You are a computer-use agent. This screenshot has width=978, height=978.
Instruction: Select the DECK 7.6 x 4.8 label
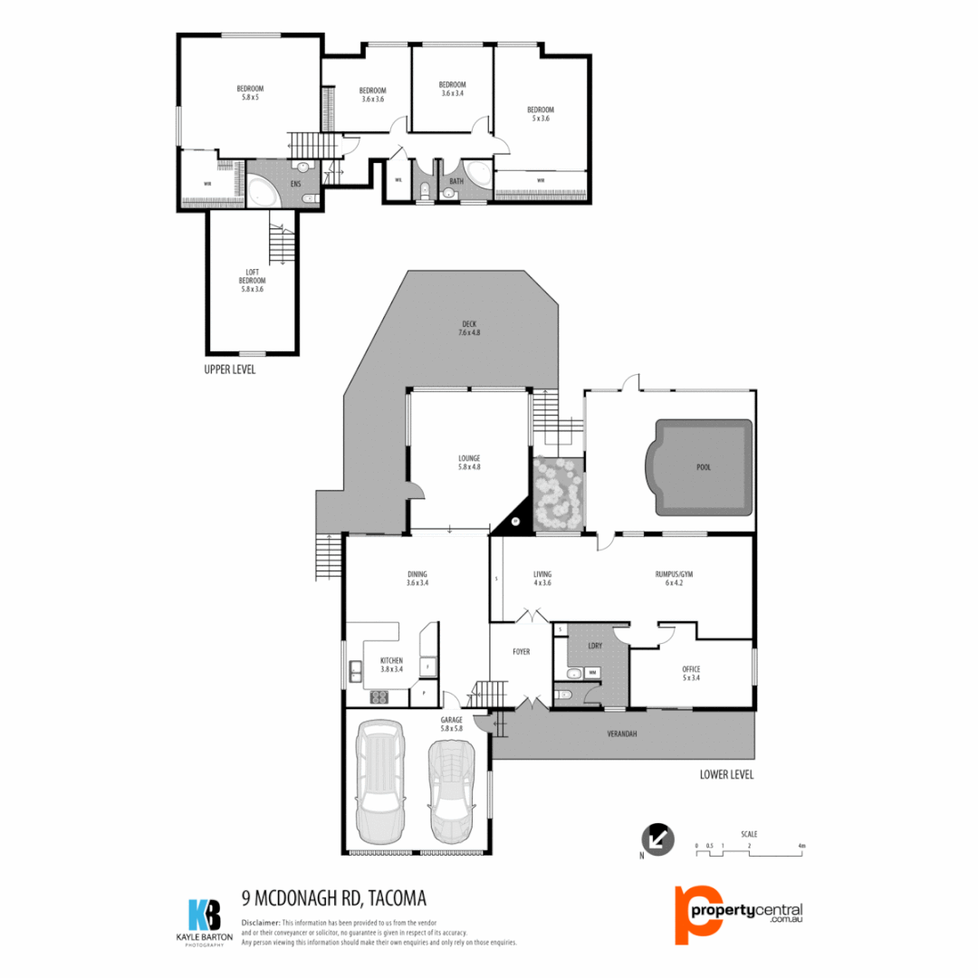pyautogui.click(x=468, y=328)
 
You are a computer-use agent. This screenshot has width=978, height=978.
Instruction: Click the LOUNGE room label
pyautogui.click(x=469, y=462)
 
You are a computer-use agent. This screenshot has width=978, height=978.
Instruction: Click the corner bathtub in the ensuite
pyautogui.click(x=264, y=193)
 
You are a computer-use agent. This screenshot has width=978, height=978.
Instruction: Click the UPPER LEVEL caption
pyautogui.click(x=230, y=369)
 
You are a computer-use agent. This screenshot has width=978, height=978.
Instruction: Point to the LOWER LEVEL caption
pyautogui.click(x=726, y=774)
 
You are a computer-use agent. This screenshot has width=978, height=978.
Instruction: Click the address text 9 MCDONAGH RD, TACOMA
pyautogui.click(x=334, y=897)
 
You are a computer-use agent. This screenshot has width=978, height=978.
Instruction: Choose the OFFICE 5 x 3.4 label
pyautogui.click(x=692, y=673)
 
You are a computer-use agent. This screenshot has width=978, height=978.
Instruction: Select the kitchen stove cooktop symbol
pyautogui.click(x=378, y=696)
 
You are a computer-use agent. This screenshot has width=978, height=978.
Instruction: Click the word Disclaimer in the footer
pyautogui.click(x=262, y=922)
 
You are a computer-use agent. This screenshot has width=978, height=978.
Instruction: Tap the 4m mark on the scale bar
pyautogui.click(x=801, y=846)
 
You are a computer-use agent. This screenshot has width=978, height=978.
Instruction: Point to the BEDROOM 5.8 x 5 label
pyautogui.click(x=250, y=92)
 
